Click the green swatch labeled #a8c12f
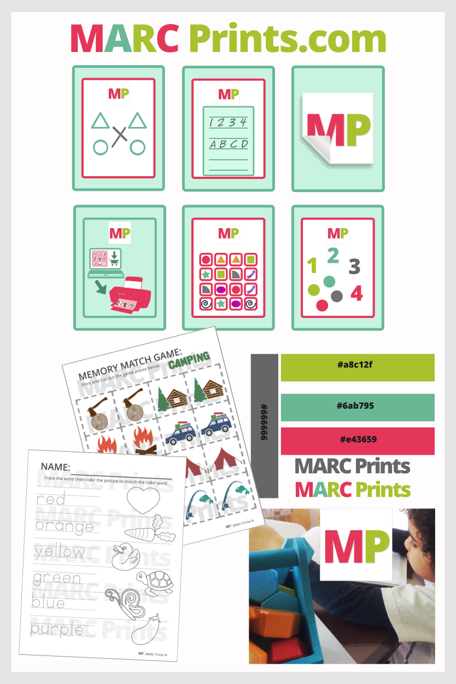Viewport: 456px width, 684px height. click(357, 368)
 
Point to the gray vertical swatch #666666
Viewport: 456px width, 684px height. click(264, 426)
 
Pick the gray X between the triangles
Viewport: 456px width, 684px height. click(119, 136)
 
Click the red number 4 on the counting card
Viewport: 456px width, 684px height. click(356, 294)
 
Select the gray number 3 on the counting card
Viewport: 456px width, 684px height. click(354, 267)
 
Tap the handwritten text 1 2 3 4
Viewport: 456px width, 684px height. click(229, 122)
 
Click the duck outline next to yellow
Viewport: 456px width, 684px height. click(124, 554)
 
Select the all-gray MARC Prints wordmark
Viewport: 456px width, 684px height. click(352, 466)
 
